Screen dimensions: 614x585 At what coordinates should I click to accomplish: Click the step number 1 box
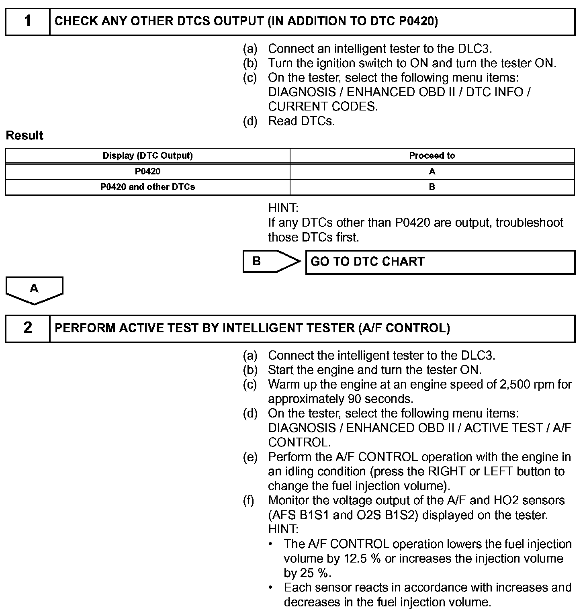(x=27, y=22)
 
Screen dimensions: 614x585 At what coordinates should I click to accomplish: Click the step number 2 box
(x=27, y=328)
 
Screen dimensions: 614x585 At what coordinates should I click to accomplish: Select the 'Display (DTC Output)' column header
(x=147, y=156)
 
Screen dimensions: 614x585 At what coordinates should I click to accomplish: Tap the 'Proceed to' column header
(x=432, y=156)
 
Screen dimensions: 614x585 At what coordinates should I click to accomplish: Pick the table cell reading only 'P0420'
(x=147, y=172)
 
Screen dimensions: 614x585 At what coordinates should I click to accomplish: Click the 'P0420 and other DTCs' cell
(x=147, y=187)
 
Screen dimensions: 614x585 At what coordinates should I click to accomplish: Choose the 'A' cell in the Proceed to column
(x=432, y=172)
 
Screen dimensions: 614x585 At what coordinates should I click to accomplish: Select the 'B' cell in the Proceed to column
(x=432, y=187)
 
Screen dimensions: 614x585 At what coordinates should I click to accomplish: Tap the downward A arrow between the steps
(x=34, y=290)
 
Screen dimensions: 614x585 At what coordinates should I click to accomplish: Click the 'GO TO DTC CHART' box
(x=440, y=262)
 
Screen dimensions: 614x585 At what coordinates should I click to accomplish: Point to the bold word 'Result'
(x=25, y=136)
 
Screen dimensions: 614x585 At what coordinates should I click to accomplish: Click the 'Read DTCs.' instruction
(x=301, y=121)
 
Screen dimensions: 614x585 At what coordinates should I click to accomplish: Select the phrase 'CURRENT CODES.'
(x=323, y=106)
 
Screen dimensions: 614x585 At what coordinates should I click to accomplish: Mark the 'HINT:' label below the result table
(x=283, y=208)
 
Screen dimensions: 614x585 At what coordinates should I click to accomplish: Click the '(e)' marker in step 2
(x=250, y=457)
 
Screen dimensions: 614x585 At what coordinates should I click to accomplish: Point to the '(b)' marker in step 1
(x=250, y=63)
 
